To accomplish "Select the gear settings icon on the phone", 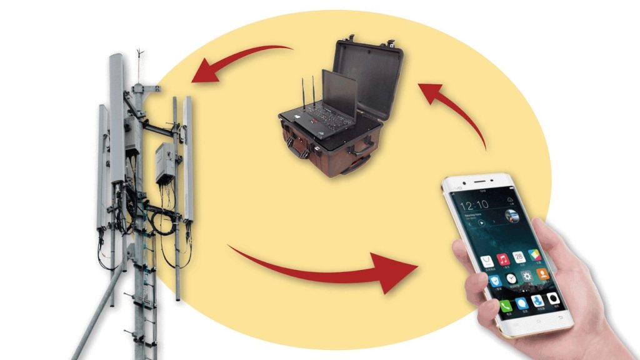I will point(527,276).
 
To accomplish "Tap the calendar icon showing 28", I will point(519,257).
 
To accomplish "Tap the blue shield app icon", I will point(496,281).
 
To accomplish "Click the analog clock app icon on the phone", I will point(511,279).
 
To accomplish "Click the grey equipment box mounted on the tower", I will point(166,162).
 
